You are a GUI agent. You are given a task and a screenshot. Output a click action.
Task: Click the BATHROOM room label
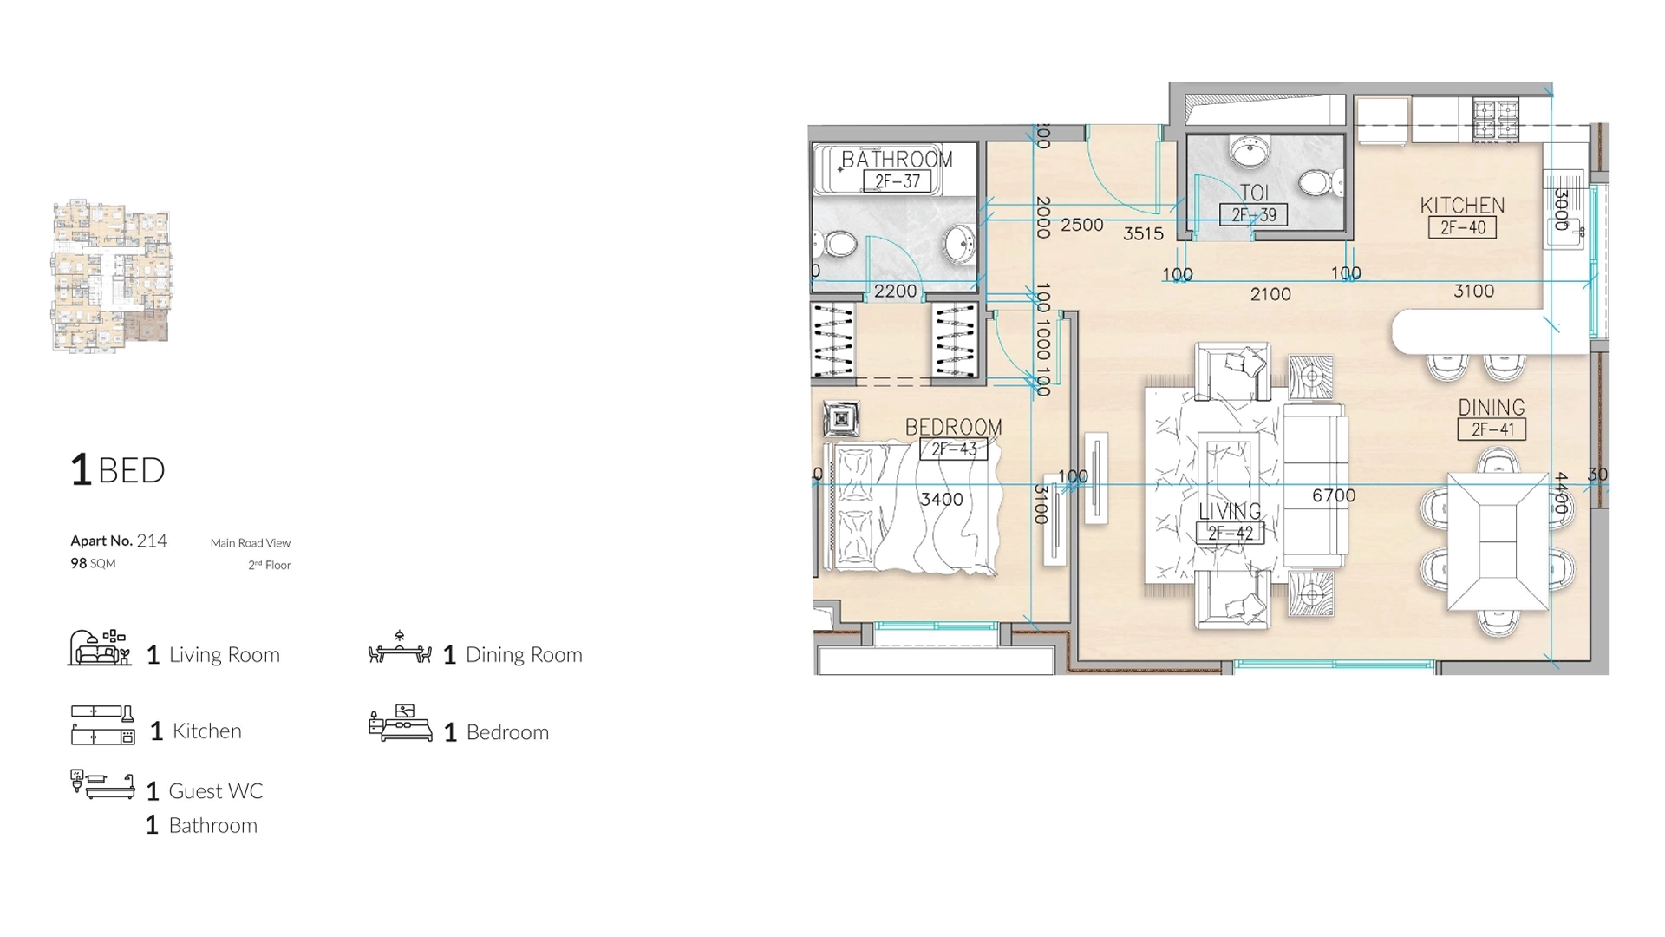897,160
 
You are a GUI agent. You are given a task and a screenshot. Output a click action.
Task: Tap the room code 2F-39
1254,214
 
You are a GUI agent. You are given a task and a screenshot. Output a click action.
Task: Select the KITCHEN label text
1462,206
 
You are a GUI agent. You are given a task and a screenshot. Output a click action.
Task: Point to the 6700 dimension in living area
1333,495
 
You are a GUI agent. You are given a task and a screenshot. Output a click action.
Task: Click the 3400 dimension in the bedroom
941,499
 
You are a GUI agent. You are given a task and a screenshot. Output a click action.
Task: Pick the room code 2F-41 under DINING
1492,429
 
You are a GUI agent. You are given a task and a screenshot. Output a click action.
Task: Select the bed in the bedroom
911,508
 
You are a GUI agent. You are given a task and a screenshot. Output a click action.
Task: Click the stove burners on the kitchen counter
1496,121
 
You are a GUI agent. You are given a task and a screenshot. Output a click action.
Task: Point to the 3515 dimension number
1143,233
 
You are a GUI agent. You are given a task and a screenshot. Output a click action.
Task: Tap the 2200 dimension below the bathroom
895,292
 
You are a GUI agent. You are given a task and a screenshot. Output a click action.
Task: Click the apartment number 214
152,541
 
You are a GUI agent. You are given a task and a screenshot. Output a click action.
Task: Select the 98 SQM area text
93,563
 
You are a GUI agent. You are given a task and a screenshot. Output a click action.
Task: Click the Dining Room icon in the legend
400,648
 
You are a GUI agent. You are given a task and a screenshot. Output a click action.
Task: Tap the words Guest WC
215,791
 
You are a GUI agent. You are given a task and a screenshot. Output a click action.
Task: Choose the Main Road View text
250,543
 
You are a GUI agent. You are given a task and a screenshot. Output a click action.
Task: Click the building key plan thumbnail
111,275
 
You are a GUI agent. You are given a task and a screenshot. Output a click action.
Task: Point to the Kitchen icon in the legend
102,725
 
